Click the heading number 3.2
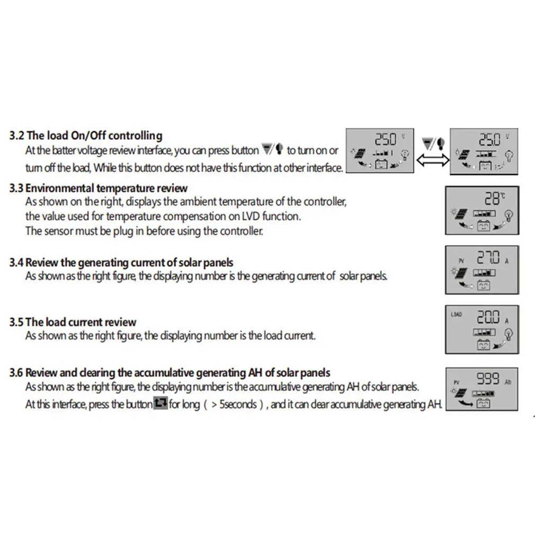16,136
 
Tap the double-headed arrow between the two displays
433,159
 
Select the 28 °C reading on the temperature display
495,198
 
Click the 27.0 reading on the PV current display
488,257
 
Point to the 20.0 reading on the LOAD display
488,317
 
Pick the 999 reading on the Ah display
488,378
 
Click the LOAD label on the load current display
456,314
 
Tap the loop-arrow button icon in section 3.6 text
160,403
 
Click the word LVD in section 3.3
251,216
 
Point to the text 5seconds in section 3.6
238,404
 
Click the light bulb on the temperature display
509,216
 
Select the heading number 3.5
16,322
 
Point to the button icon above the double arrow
433,144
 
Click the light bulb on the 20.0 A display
509,334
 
